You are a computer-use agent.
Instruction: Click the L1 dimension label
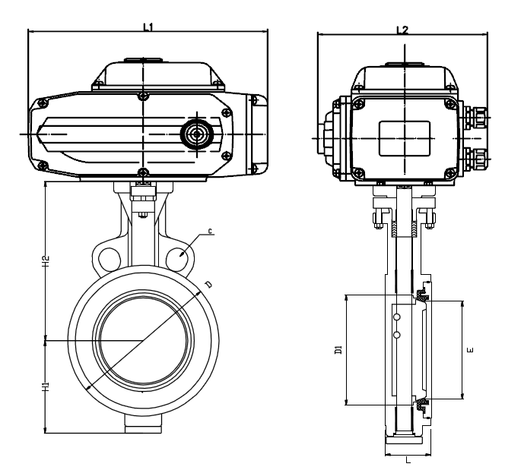(x=149, y=27)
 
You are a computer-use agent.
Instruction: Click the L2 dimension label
(x=402, y=30)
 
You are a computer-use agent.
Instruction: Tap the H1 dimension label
(x=46, y=386)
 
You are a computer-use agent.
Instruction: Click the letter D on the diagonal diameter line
(x=208, y=283)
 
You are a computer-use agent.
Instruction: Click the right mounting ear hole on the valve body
(x=178, y=257)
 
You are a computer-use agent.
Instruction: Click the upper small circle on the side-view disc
(x=395, y=314)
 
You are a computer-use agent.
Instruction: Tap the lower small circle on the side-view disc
(x=395, y=335)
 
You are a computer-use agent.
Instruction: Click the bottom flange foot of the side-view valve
(x=407, y=440)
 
